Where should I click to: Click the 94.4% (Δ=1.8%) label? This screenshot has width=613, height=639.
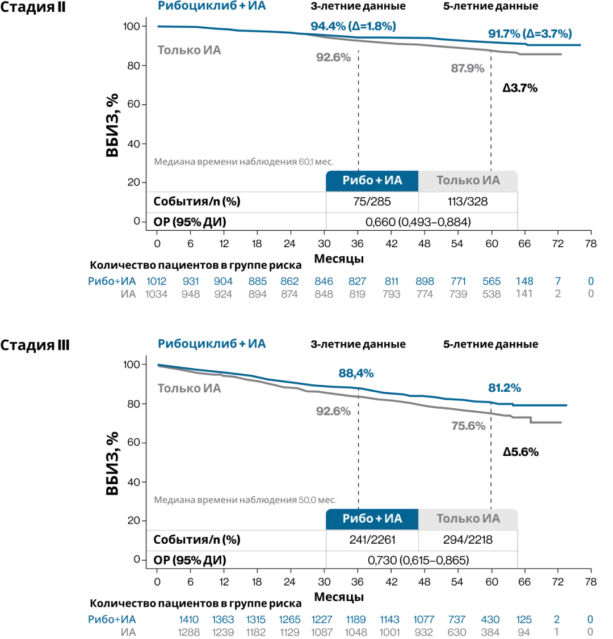tap(353, 26)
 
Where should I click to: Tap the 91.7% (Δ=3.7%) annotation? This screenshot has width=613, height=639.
tap(530, 33)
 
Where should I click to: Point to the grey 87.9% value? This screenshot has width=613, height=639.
tap(468, 69)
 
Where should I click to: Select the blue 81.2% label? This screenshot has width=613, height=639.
tap(505, 388)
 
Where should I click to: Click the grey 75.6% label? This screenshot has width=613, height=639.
tap(468, 426)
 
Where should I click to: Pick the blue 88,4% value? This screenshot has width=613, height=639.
tap(356, 374)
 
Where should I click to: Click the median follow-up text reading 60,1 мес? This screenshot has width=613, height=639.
tap(243, 162)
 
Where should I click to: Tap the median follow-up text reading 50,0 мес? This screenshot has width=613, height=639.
tap(245, 501)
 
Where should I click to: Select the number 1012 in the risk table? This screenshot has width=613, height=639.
tap(157, 281)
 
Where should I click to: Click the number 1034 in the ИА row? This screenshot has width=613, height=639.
tap(157, 294)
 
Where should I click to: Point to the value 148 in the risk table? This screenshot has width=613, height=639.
tap(524, 281)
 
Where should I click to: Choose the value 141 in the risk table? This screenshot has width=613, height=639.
tap(524, 294)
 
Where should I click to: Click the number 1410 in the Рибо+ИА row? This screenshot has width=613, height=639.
tap(189, 620)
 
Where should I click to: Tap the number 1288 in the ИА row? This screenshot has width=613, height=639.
tap(189, 632)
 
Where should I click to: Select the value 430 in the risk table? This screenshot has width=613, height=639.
tap(490, 620)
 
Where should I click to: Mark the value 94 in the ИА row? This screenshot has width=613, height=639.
tap(524, 632)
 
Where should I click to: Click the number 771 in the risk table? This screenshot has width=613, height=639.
tap(458, 281)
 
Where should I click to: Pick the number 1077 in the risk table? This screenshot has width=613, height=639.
tap(423, 620)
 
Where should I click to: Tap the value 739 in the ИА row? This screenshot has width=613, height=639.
tap(458, 294)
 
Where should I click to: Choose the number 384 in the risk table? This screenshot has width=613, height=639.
tap(490, 632)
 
